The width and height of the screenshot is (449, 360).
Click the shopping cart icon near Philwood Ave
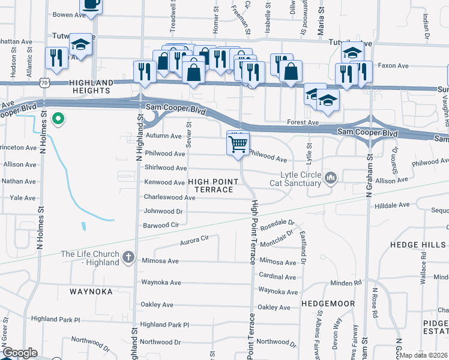pos(238,144)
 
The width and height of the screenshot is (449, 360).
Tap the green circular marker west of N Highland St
pos(58,119)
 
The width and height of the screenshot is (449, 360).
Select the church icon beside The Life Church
pos(127,257)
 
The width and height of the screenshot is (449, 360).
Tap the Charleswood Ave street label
pos(169,197)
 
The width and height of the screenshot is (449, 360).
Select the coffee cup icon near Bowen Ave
pos(91,5)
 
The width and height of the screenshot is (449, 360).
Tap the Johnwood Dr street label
pos(163,211)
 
